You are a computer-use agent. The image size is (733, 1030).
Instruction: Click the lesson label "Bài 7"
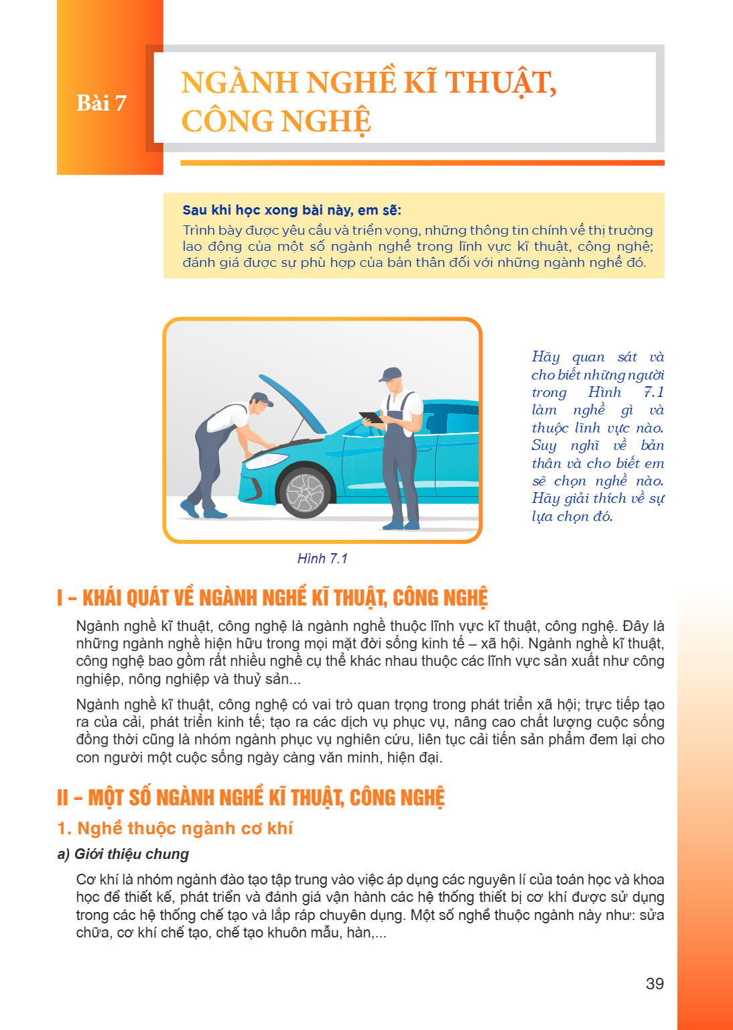tap(101, 103)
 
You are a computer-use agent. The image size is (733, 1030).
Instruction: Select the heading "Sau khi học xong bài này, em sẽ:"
tap(292, 211)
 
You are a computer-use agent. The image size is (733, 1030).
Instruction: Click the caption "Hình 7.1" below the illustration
tap(322, 558)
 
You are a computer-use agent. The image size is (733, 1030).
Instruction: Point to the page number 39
tap(655, 983)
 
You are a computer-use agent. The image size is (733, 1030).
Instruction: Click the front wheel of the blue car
tap(305, 492)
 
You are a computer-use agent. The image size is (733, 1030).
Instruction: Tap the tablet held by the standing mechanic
tap(371, 417)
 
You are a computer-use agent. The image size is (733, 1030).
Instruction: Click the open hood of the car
tap(292, 403)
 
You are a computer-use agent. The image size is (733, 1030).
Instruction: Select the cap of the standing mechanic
tap(390, 374)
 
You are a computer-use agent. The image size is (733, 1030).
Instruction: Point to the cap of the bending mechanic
tap(262, 399)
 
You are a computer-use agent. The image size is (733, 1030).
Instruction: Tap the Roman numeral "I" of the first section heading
tap(60, 597)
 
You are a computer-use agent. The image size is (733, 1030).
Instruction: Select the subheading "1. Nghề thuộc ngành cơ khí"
tap(175, 828)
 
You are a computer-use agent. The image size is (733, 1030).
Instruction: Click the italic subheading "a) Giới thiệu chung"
tap(123, 854)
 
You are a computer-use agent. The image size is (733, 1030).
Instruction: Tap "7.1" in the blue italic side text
tap(654, 392)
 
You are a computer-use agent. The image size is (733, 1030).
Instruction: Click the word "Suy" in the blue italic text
tap(543, 445)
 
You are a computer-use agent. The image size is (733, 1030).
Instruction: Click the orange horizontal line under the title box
tap(422, 163)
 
